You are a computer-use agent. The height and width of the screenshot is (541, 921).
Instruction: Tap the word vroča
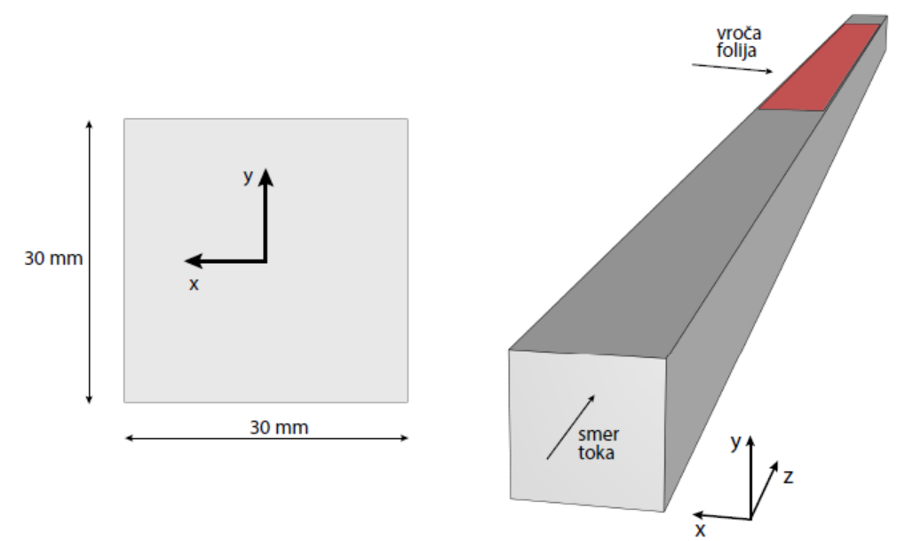pos(739,34)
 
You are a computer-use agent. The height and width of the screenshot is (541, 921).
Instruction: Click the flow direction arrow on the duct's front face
pos(570,427)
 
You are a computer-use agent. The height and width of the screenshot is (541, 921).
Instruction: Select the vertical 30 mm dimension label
pos(53,259)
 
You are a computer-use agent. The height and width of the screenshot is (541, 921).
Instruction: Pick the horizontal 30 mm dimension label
pos(279,427)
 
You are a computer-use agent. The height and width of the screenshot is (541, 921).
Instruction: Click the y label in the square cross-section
pos(249,178)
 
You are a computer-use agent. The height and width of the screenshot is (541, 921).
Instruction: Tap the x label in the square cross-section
pos(194,285)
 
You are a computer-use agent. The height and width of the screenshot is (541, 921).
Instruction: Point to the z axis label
pos(787,477)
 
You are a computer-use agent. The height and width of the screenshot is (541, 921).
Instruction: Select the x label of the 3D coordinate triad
pos(700,530)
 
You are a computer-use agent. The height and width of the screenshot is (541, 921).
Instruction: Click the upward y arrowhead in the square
pos(266,176)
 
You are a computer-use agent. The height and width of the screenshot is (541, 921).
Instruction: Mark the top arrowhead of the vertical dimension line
pos(89,123)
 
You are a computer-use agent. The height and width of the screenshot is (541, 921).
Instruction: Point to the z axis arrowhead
pos(775,466)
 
